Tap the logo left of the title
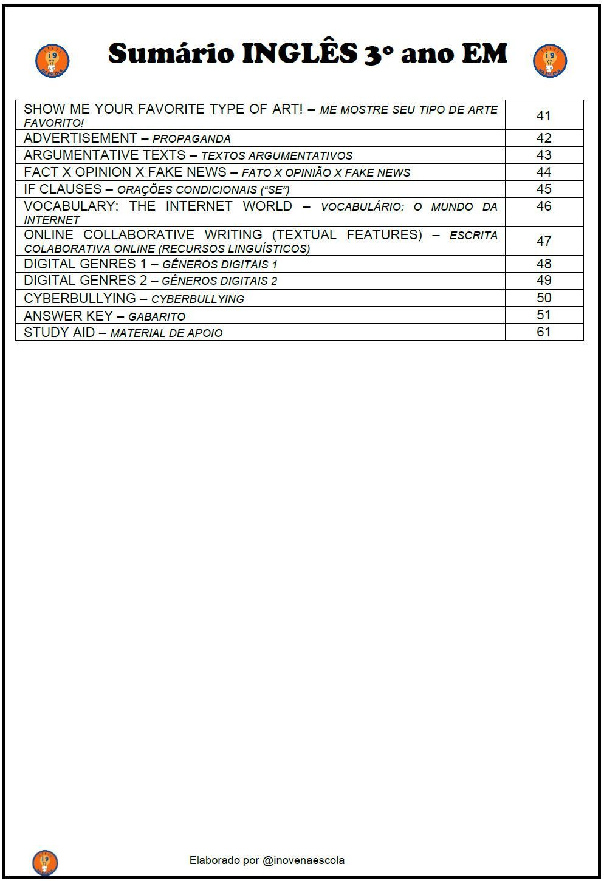(x=52, y=61)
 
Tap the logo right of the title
(x=550, y=61)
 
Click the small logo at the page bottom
(x=45, y=862)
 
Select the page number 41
(x=543, y=115)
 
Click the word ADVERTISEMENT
(x=80, y=138)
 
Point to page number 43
(x=543, y=155)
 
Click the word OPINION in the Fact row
(x=103, y=172)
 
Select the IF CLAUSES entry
(x=63, y=189)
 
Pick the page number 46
(x=543, y=206)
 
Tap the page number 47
(x=543, y=241)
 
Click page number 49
(x=543, y=281)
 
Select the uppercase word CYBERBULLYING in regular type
(x=80, y=298)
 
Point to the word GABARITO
(x=157, y=316)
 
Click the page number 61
(x=543, y=332)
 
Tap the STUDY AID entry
(x=58, y=333)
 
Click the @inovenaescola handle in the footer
(x=303, y=860)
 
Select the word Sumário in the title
(x=171, y=53)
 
